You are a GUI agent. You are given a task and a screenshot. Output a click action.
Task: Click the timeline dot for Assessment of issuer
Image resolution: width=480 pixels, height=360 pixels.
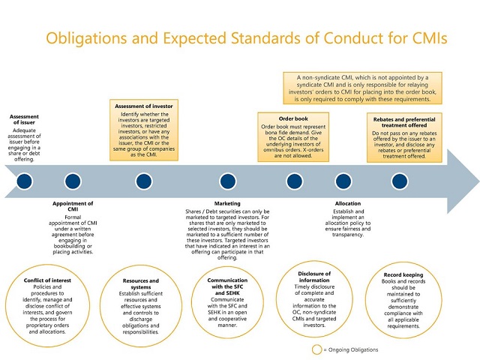[x=25, y=181]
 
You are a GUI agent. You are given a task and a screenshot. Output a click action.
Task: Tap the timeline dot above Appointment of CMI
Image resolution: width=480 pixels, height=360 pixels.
[x=73, y=181]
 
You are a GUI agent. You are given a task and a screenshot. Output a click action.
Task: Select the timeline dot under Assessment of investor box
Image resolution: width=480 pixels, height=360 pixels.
[x=143, y=181]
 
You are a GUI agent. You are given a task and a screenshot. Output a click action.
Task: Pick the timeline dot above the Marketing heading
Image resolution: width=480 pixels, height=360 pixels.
[x=228, y=181]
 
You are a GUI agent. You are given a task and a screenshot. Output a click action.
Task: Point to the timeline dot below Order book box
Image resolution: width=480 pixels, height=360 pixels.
[x=294, y=181]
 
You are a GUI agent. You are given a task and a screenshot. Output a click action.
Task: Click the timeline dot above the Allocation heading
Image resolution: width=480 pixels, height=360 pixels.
[x=343, y=181]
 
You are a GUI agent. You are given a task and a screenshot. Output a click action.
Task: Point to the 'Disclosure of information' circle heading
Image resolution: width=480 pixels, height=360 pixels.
[x=314, y=277]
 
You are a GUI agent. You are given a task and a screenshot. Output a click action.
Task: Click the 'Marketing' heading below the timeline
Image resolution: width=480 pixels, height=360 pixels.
[x=228, y=203]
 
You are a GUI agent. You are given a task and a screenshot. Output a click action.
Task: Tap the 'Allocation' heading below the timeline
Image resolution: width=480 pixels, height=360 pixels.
[x=347, y=203]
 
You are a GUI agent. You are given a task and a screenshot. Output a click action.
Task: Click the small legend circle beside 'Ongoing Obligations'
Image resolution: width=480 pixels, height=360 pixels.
[x=317, y=349]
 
